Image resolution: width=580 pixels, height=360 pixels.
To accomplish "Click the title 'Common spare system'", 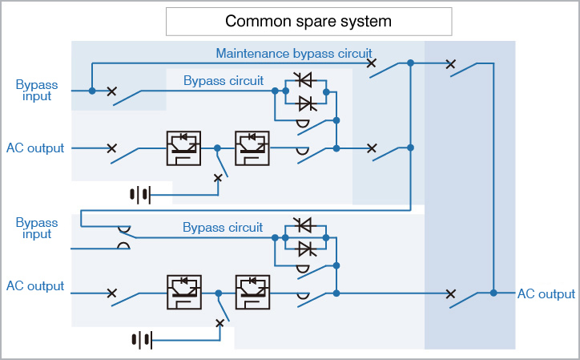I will (308, 21).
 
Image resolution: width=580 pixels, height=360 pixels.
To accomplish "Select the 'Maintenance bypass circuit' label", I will (293, 54).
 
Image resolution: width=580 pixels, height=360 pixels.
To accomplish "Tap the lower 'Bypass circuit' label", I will (223, 228).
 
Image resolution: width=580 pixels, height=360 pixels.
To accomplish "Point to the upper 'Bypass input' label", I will (34, 90).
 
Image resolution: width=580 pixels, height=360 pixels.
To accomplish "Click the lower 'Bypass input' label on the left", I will (34, 228).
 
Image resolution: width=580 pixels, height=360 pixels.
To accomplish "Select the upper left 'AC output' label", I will (35, 148).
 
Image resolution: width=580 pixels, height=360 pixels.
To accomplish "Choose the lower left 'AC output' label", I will (35, 286).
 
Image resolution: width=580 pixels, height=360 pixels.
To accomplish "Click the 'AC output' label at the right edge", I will (546, 294).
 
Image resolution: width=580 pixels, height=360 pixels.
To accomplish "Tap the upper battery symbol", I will (140, 193).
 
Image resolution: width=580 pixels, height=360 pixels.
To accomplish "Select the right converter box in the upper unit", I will (256, 148).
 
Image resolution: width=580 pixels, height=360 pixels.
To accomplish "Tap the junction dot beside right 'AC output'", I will (493, 293).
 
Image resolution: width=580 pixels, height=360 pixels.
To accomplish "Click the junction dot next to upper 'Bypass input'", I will (92, 91).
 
